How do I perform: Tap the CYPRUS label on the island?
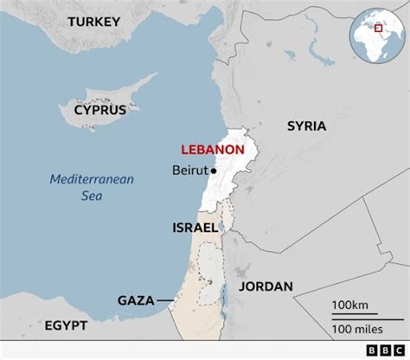[99, 110]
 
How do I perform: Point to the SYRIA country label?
[306, 126]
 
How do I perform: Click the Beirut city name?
[190, 170]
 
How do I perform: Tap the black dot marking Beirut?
[213, 170]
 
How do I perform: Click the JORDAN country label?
[266, 286]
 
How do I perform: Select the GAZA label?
[136, 300]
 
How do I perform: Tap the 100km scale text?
[350, 305]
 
